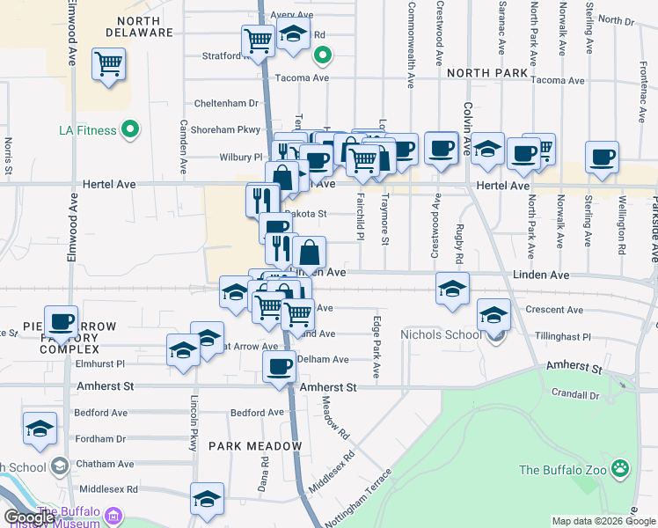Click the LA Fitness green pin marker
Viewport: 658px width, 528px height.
131,130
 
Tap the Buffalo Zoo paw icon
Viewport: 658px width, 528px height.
621,469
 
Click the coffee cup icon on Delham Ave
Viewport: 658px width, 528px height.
280,364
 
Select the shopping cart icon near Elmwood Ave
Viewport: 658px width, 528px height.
108,63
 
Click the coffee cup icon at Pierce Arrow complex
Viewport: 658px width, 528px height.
61,322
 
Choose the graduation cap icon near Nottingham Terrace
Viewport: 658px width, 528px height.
208,498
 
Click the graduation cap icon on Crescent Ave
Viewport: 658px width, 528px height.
494,314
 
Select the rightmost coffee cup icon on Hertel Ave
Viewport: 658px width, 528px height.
603,157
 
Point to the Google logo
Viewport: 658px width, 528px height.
28,517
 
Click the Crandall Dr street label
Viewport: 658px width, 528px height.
575,395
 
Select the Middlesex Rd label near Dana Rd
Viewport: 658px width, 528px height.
108,489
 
